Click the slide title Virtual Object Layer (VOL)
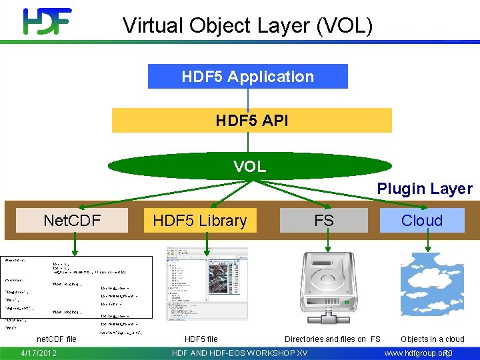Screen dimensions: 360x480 tap(247, 25)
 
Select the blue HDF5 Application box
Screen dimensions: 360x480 tap(247, 76)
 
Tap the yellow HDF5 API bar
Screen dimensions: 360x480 tap(251, 121)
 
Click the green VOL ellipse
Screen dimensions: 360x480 tap(249, 166)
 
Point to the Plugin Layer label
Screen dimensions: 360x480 tap(425, 189)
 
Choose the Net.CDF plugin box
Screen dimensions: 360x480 tap(71, 220)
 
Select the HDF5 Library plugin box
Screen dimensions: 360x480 tap(199, 221)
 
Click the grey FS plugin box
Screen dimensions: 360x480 tap(323, 221)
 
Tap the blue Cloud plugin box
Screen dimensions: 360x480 tap(422, 221)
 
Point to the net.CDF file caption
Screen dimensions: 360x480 tap(57, 339)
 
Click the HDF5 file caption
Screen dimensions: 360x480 tap(201, 339)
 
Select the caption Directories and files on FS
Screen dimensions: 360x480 tap(332, 339)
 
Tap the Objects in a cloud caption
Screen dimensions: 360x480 tap(432, 339)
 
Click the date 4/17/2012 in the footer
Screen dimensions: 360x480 tap(39, 353)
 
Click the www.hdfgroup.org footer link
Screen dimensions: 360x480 tap(415, 353)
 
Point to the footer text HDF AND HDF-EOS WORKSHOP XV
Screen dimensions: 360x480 tap(240, 353)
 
